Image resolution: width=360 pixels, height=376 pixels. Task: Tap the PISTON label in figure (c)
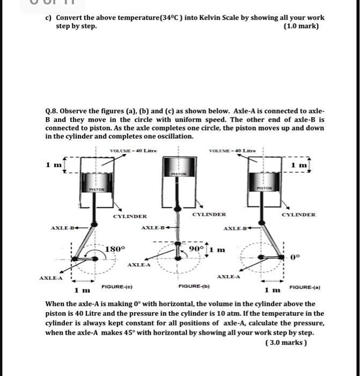(x=96, y=189)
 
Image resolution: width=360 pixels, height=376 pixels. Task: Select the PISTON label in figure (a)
(x=265, y=188)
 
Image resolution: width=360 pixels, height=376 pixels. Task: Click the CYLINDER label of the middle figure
(x=209, y=214)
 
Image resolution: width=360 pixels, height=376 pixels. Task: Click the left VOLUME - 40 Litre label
(x=133, y=150)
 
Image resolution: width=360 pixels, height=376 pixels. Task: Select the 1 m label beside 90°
(x=217, y=249)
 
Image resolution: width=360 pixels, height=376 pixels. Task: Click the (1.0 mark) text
(x=303, y=26)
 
